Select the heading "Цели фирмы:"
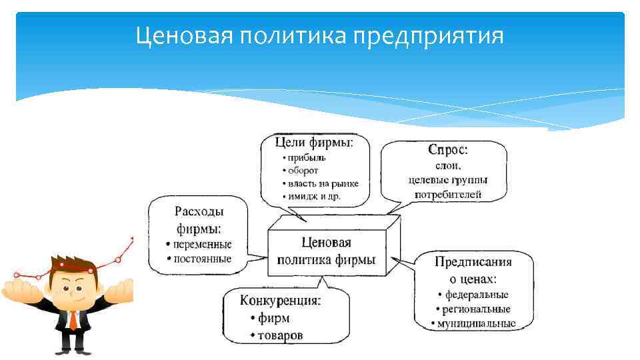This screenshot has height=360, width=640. [x=314, y=142]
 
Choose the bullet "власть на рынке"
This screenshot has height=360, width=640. [x=323, y=183]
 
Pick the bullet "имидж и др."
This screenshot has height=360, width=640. [x=313, y=196]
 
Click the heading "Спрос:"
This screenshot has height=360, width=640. [x=447, y=151]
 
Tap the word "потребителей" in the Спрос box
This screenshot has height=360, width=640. [x=447, y=195]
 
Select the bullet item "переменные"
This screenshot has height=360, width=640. [x=202, y=245]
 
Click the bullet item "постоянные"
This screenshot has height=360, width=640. [x=202, y=258]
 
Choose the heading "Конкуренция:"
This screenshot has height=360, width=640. [x=280, y=301]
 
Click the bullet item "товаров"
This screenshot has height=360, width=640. [x=279, y=335]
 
